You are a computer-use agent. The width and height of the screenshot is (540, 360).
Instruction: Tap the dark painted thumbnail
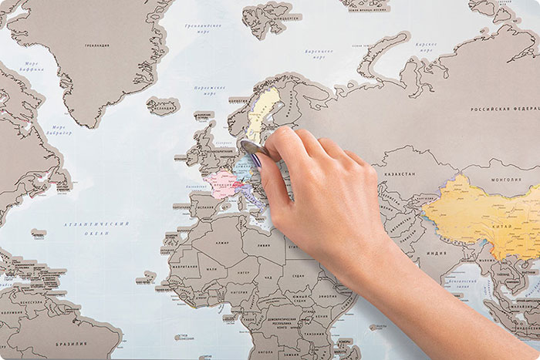pyautogui.click(x=256, y=160)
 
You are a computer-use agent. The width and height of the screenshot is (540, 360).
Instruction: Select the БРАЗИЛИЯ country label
pyautogui.click(x=72, y=344)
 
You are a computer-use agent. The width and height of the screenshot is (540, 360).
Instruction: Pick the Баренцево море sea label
pyautogui.click(x=319, y=53)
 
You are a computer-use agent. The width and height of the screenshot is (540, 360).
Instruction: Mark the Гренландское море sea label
pyautogui.click(x=203, y=28)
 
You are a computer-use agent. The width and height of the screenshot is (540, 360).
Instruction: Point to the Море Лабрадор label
pyautogui.click(x=59, y=130)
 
